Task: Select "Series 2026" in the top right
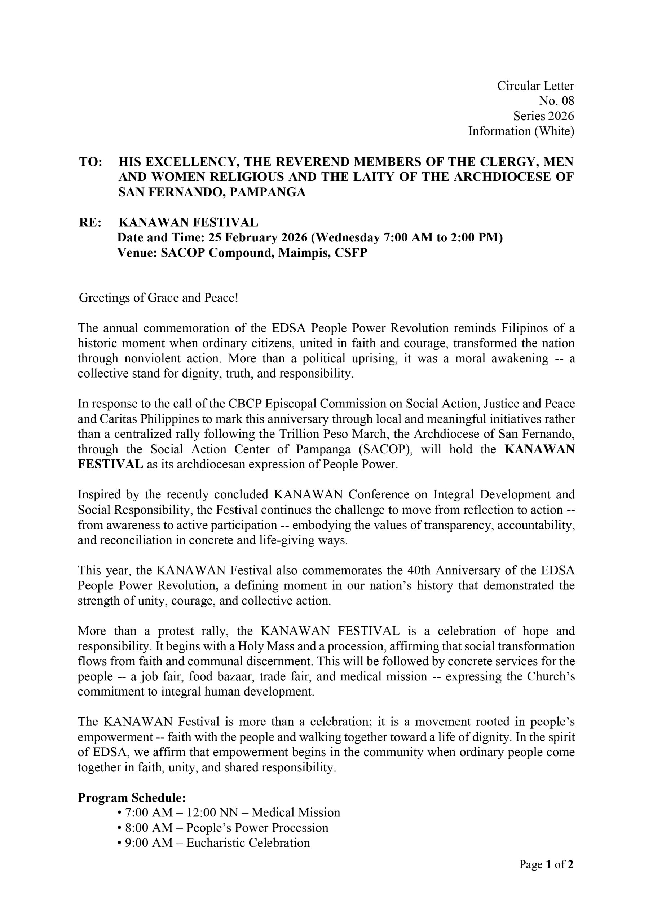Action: coord(543,116)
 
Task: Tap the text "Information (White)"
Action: coord(521,131)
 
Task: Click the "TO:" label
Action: coord(91,162)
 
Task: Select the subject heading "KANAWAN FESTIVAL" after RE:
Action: coord(188,223)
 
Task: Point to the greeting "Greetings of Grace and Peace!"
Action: coord(158,298)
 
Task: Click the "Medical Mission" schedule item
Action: coord(296,812)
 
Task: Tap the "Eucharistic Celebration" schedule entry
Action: coord(248,843)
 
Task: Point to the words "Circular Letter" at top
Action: coord(535,86)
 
